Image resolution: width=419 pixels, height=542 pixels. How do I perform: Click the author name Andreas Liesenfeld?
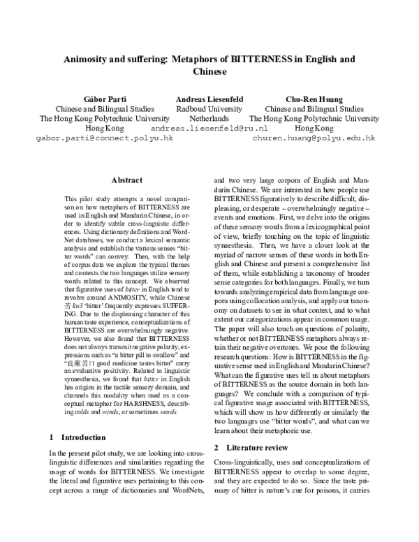coord(209,100)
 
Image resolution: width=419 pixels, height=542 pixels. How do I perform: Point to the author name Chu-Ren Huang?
coord(314,100)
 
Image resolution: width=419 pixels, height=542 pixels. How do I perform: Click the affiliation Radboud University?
coord(209,110)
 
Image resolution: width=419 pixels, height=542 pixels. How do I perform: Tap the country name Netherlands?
coord(209,119)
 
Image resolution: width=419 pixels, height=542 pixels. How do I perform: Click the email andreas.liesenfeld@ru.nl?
coord(209,129)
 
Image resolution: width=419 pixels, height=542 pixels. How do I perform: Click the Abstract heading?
coord(126,180)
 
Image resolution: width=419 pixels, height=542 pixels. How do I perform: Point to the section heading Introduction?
coord(83,438)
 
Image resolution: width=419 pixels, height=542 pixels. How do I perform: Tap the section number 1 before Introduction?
coord(52,438)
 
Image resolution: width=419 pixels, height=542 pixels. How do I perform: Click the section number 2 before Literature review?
coord(216,446)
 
